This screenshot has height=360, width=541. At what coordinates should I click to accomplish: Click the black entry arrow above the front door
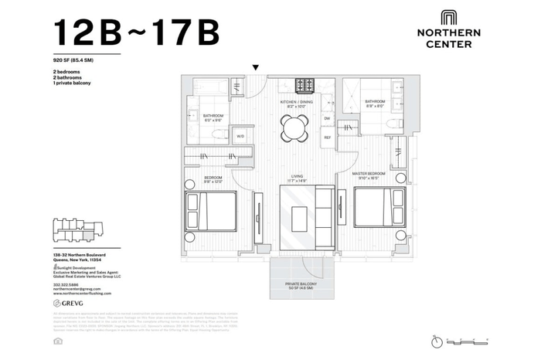coord(255,68)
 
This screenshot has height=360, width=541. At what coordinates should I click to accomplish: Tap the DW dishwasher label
coord(327,118)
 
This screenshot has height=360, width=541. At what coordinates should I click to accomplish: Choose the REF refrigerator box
coord(327,138)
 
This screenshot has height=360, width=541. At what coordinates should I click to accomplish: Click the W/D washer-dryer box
coord(240,136)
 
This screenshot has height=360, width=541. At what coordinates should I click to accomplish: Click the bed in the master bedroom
coord(379,209)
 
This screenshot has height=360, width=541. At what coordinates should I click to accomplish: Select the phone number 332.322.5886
coord(67,285)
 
